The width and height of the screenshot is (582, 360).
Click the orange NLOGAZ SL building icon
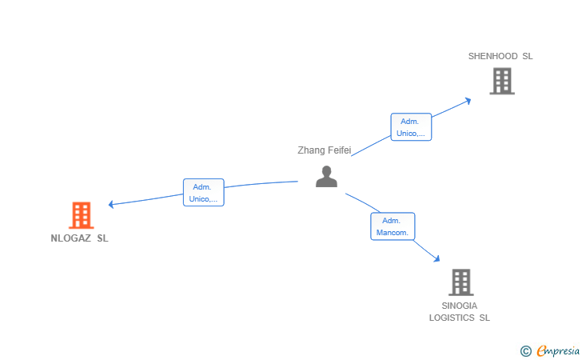(82, 215)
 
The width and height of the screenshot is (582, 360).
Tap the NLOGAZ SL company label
(79, 238)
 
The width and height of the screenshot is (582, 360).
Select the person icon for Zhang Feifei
(326, 177)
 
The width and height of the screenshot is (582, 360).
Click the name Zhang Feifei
(324, 150)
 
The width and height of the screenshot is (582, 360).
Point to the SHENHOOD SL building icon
(502, 81)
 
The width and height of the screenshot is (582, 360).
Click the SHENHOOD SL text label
(500, 56)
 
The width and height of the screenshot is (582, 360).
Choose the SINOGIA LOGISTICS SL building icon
(461, 282)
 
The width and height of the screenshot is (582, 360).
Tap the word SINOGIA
(460, 306)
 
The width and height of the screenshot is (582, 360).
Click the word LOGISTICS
(452, 318)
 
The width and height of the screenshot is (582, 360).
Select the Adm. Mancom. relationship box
(393, 226)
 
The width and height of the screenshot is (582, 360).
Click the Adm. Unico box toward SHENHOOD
(411, 127)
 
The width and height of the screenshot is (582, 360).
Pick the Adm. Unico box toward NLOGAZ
(203, 193)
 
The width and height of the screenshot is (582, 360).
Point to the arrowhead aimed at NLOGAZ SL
(110, 204)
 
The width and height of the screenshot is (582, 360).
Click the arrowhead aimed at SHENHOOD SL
(468, 101)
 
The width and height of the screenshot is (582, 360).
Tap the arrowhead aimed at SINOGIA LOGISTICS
(436, 258)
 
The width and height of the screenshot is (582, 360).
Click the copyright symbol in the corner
(525, 351)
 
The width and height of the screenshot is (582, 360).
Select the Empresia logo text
(558, 351)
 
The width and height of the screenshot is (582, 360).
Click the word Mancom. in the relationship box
(393, 233)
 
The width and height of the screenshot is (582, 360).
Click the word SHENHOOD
(492, 56)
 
